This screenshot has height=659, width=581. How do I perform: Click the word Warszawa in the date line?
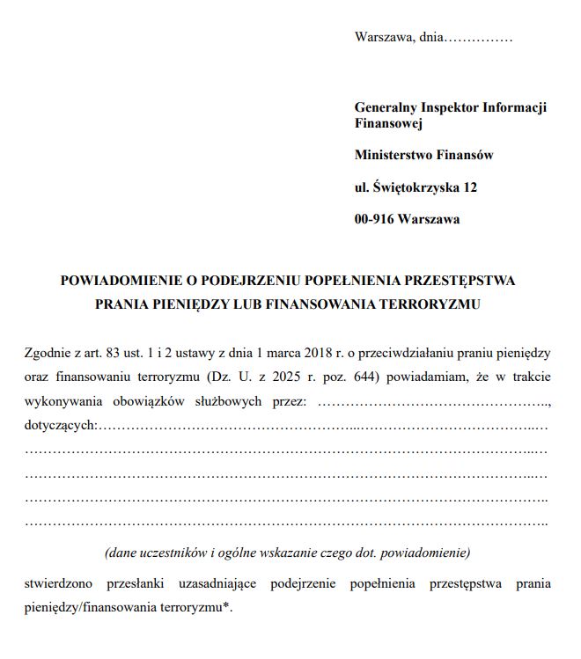coord(381,38)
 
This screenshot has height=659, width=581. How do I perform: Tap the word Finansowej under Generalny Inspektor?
coord(388,124)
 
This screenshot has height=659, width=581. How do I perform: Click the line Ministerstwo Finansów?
coord(423,155)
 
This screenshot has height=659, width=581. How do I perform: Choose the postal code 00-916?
coord(373,219)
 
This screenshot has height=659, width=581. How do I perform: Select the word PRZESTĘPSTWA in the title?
coord(458,282)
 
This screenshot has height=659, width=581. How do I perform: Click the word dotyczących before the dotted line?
coord(59,427)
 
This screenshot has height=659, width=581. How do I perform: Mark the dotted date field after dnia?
coord(479,38)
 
